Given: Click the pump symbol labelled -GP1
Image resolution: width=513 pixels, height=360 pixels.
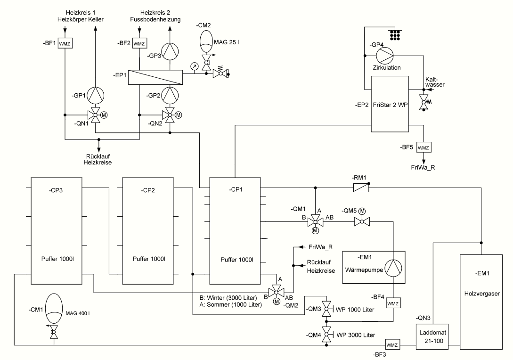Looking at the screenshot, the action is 96,96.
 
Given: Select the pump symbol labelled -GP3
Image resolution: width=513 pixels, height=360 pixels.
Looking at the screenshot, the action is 170,51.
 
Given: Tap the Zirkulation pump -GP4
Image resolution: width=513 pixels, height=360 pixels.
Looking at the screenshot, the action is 384,56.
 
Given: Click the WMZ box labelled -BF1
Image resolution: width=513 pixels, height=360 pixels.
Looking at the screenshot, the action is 65,43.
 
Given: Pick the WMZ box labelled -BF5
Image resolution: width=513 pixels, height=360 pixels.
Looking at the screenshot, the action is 423,147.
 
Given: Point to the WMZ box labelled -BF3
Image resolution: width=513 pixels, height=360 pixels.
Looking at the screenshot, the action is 392,344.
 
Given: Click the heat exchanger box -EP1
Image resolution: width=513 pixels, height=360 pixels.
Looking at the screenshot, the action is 155,77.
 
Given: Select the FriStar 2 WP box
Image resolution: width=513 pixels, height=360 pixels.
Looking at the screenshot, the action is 390,104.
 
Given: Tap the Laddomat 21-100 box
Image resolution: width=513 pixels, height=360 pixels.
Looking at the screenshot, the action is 432,337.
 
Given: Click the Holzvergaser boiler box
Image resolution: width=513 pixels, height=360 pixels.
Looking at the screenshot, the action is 481,302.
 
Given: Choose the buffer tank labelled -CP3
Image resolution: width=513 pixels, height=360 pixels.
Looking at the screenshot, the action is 57,231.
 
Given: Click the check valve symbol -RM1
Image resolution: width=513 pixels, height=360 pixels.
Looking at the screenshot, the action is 361,188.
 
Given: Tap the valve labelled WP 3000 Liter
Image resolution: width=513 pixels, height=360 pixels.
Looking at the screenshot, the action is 326,335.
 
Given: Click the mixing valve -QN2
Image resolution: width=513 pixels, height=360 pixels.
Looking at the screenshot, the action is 170,115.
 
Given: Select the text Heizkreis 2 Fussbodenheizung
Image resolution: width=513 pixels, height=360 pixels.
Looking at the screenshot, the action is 155,16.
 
